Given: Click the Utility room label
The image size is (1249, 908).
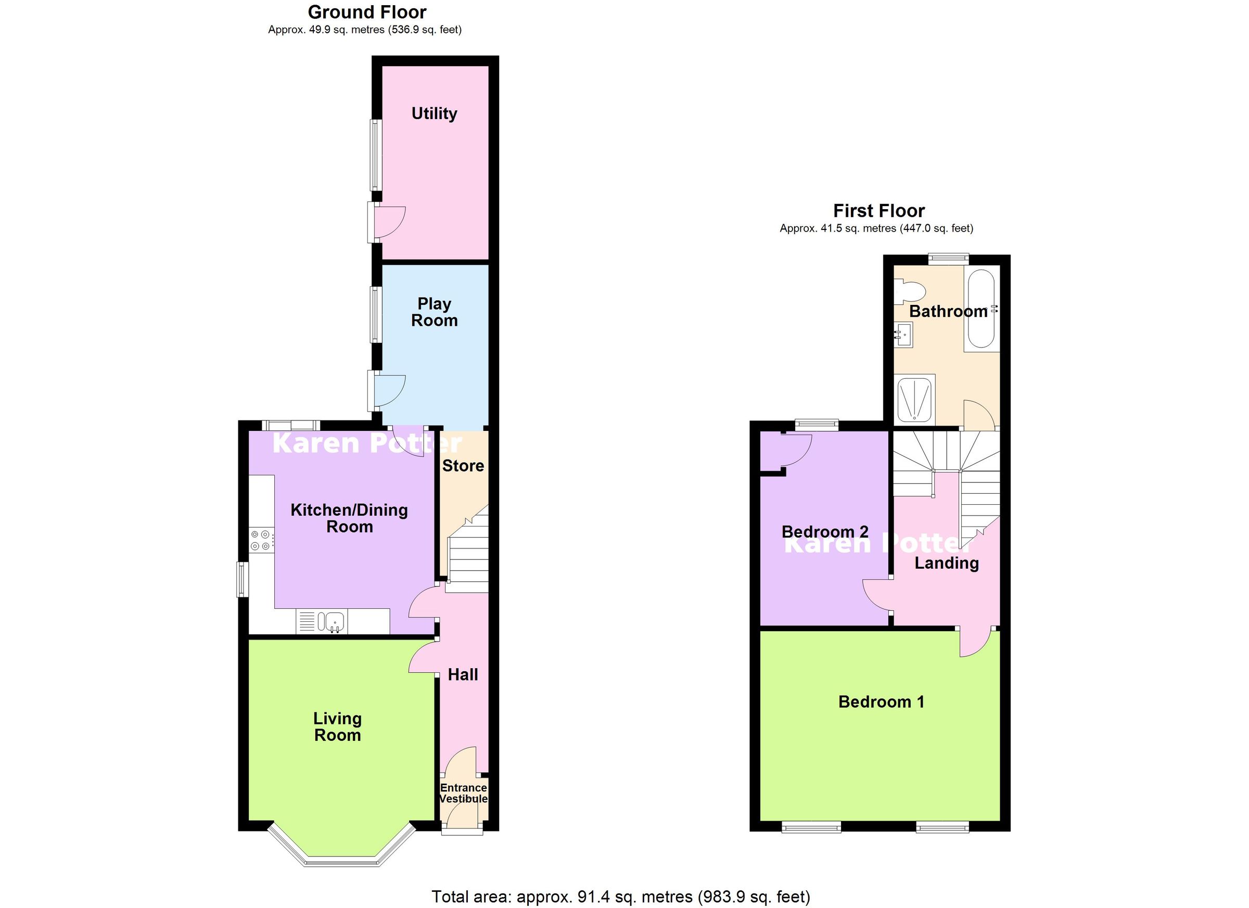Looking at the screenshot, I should tap(434, 113).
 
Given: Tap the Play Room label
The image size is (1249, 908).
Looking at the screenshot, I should tap(434, 312).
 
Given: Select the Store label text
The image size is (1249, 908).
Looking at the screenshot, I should tap(463, 466).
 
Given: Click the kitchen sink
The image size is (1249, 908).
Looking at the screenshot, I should tap(334, 622).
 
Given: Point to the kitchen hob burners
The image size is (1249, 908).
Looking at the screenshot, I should tap(261, 540).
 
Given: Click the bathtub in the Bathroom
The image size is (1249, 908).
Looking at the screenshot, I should tap(980, 309).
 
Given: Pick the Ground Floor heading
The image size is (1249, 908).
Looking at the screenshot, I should tap(367, 12).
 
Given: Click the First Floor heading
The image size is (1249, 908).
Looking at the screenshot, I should tap(878, 211).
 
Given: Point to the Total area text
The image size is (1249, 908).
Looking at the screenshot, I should tap(621, 897).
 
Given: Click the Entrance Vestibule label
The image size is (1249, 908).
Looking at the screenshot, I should tap(463, 794).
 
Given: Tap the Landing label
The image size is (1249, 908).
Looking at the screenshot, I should tap(947, 562).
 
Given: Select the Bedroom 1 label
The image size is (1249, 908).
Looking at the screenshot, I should tap(881, 702).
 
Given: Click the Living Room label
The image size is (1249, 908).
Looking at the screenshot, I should tap(338, 727).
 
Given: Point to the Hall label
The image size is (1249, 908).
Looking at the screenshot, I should tap(463, 675).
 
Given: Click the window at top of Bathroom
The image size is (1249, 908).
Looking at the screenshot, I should tap(948, 257).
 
